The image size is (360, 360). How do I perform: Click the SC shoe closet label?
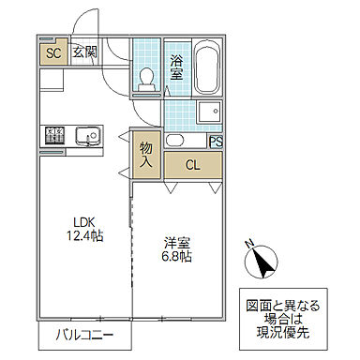tap(53, 53)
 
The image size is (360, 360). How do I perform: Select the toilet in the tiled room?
tap(146, 81)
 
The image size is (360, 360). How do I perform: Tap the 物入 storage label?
tap(146, 155)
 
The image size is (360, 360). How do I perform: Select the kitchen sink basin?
tap(91, 137)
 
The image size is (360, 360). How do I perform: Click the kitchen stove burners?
tap(52, 138)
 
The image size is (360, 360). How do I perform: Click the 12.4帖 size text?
tap(84, 236)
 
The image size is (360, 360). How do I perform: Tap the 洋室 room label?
tap(176, 239)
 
